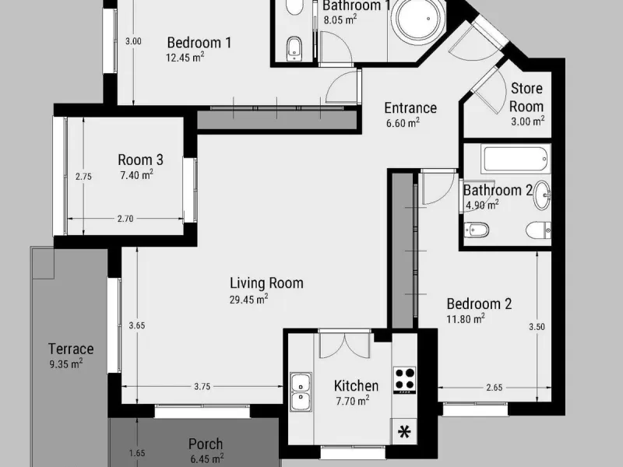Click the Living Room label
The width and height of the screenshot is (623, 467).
266,283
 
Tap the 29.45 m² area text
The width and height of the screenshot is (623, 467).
248,299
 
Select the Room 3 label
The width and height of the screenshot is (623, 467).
140,160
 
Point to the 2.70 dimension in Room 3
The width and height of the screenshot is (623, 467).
125,219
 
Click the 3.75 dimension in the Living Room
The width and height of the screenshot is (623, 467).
202,386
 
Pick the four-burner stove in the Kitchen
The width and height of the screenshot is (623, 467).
404,380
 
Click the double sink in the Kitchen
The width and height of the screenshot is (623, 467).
301,392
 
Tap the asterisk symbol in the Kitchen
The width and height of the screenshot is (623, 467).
404,432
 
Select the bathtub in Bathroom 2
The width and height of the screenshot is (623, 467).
516,159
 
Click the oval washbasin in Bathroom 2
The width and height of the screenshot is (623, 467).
542,195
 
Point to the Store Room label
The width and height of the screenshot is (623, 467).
526,97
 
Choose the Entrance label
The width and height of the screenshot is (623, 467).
410,107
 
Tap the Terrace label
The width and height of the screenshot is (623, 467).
71,349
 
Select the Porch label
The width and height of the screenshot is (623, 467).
206,444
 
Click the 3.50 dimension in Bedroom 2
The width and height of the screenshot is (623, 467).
537,327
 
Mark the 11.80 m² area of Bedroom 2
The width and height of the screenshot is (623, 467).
466,318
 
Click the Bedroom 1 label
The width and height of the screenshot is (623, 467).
199,43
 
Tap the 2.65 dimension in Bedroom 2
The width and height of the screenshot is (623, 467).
495,388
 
